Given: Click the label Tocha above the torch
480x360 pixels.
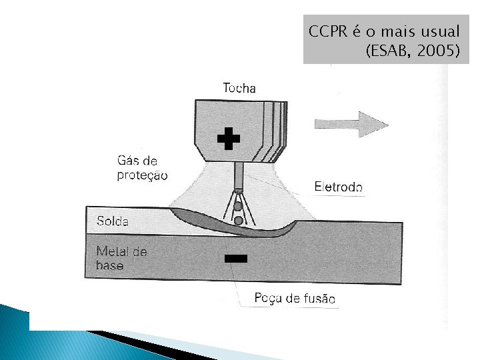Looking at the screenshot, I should pos(239,88).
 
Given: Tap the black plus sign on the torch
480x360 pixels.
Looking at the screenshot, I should pos(228,139).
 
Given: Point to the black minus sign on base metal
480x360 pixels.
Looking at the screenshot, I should pos(236,258).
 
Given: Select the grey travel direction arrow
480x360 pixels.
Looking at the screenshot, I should pos(351,124).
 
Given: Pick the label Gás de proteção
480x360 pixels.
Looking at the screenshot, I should pos(142,168).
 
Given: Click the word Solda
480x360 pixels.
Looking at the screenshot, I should pos(113,221).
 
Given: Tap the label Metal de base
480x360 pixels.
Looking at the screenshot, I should pos(121,259).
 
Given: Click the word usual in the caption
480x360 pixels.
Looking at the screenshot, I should pos(439,31).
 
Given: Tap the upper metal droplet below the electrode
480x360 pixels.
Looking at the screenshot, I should pos(237,207).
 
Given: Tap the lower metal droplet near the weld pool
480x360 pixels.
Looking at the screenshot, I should pos(238,220).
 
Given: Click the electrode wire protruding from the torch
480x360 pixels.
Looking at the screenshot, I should pos(238,176).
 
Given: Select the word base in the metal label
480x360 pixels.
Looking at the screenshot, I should pos(110,265).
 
